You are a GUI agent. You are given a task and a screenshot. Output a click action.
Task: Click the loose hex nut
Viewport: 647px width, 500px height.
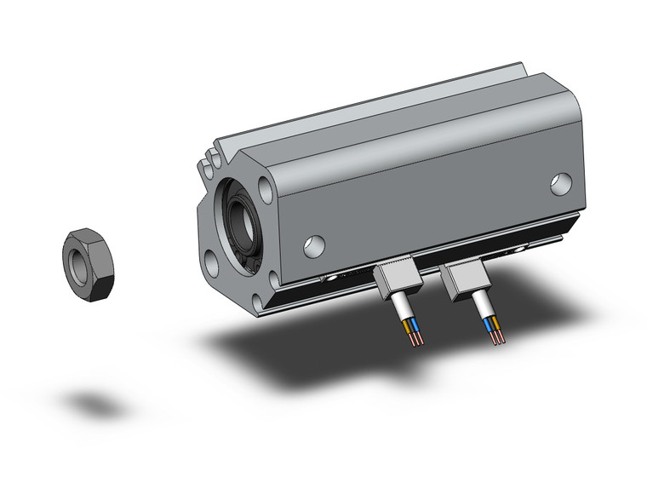click(89, 265)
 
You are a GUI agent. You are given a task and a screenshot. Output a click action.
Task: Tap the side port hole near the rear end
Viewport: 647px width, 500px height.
click(560, 182)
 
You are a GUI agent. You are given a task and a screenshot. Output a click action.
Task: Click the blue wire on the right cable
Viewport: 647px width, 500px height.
click(488, 325)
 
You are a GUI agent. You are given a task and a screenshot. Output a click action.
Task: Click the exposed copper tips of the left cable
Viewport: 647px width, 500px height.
click(415, 338)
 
